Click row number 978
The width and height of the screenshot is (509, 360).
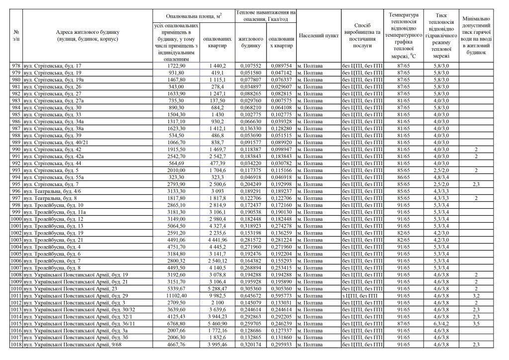coord(16,66)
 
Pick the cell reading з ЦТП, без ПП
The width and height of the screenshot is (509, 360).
coord(359,295)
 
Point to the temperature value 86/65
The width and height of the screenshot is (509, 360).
coord(404,177)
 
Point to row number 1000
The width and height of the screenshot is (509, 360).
coord(16,218)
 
